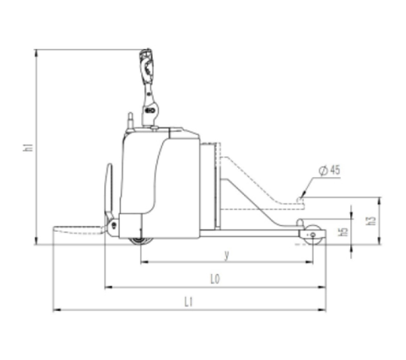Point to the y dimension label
point(226,256)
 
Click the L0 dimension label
point(215,279)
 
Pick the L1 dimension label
point(189,302)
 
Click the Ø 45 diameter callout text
point(329,170)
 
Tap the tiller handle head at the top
point(147,65)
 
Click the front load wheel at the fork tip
point(313,234)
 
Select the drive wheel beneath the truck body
point(141,241)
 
